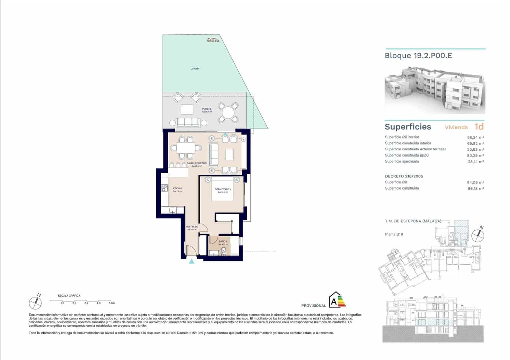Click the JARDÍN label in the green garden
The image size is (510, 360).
[195, 68]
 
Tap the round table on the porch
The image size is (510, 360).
[228, 112]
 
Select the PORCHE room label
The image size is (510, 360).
[207, 109]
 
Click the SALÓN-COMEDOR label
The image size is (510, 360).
[197, 163]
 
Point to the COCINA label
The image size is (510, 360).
[178, 188]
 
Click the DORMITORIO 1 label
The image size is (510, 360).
[222, 189]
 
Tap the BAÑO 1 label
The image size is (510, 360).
[223, 241]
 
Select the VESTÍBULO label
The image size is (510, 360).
[192, 227]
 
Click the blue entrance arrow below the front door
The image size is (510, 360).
[191, 262]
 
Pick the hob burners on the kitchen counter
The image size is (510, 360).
[164, 188]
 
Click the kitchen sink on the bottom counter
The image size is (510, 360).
[172, 210]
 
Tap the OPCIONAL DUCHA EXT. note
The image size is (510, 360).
[213, 40]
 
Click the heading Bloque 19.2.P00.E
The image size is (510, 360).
[418, 55]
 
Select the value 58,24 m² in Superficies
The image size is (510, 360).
[475, 137]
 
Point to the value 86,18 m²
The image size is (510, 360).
[475, 188]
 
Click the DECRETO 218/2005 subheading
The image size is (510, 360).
[404, 176]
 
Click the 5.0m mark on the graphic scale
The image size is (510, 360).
[111, 303]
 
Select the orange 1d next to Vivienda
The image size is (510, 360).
[479, 126]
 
